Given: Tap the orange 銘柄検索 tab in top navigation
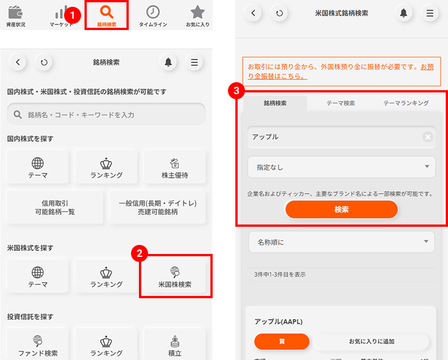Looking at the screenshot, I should pyautogui.click(x=107, y=15).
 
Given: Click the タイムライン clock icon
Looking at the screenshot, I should pyautogui.click(x=153, y=15).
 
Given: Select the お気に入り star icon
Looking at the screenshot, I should pyautogui.click(x=197, y=15).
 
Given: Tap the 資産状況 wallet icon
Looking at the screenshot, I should pyautogui.click(x=15, y=15).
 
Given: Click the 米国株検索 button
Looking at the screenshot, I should pyautogui.click(x=175, y=277).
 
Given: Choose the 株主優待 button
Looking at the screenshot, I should pyautogui.click(x=175, y=168).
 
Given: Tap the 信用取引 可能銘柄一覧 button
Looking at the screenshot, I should pyautogui.click(x=55, y=207).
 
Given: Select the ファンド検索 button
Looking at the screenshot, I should pyautogui.click(x=38, y=345).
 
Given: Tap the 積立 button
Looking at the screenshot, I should pyautogui.click(x=175, y=345).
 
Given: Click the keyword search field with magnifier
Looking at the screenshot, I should pyautogui.click(x=106, y=115).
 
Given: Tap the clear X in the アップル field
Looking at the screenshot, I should pyautogui.click(x=428, y=137).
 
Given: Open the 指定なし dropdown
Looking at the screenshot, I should pyautogui.click(x=341, y=167).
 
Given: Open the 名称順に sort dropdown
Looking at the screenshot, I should pyautogui.click(x=341, y=242).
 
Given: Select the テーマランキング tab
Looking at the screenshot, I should pyautogui.click(x=405, y=103).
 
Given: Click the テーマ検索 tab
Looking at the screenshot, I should pyautogui.click(x=340, y=103).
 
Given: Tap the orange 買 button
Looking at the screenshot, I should pyautogui.click(x=282, y=341).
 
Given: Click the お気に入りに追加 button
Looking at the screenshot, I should pyautogui.click(x=371, y=341).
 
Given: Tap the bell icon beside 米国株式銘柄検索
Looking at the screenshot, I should pyautogui.click(x=404, y=12).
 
